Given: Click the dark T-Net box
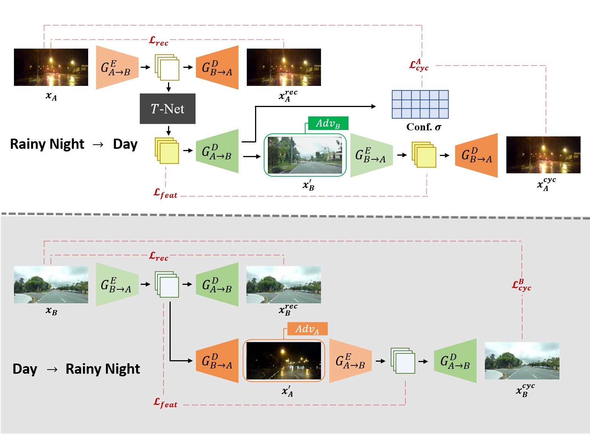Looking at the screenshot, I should (168, 108).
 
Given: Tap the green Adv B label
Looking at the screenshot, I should (328, 123).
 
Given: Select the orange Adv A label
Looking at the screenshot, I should (307, 329).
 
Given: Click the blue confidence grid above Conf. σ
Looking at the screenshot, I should (420, 104).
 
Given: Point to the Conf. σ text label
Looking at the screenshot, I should (423, 127).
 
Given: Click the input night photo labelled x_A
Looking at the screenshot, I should (51, 67).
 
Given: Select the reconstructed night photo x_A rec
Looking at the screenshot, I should (284, 67).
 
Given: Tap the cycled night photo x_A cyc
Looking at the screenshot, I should (543, 155).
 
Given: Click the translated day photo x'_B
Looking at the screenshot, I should (305, 155).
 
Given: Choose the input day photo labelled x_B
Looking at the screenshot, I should (51, 284).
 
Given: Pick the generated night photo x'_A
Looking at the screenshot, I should (284, 361).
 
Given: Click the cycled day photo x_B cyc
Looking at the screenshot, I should (522, 361).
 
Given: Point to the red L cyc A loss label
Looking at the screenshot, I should (419, 65).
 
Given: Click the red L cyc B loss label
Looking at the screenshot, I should (521, 285).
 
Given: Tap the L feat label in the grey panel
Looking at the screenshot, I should (165, 403).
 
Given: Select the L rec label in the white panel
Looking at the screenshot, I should (159, 41).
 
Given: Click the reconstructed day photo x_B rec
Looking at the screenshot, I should (284, 284).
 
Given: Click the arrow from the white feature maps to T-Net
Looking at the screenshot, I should (169, 87).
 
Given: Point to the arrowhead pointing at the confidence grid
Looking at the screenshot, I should (373, 106).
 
